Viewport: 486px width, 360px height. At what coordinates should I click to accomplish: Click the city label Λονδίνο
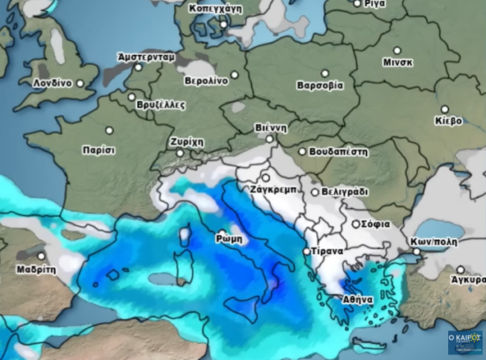53,83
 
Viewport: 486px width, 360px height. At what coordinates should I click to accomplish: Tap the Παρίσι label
99,150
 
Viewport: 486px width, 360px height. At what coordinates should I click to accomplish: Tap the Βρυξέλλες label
162,105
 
